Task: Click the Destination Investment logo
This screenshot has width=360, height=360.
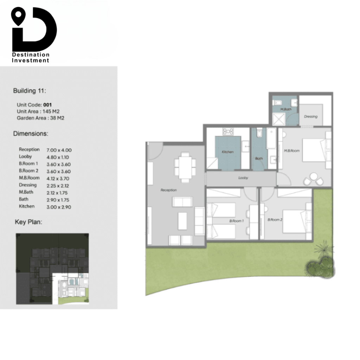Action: click(34, 35)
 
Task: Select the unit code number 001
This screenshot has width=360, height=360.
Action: click(47, 105)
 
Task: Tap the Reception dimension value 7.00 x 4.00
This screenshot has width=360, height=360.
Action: click(59, 150)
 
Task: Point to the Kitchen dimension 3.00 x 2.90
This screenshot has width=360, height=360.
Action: click(59, 207)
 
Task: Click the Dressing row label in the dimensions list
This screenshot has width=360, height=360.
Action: click(28, 185)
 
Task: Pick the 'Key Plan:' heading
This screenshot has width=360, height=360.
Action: click(28, 222)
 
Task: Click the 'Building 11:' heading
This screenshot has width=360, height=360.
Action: click(30, 91)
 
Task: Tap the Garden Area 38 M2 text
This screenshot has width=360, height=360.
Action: click(41, 118)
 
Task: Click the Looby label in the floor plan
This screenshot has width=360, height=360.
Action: click(243, 178)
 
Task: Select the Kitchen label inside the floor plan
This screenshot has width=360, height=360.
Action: click(227, 152)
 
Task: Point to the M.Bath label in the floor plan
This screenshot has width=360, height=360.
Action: click(286, 109)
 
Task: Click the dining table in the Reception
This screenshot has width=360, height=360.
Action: click(185, 167)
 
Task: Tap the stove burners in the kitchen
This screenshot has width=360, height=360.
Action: click(228, 131)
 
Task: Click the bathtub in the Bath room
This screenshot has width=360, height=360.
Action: click(271, 139)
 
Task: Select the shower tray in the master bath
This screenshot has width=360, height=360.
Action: click(279, 119)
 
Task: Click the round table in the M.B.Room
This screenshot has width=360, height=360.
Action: click(313, 176)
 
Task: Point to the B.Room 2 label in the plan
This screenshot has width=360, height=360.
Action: click(275, 220)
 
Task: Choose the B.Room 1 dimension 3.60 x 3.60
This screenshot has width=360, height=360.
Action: click(59, 165)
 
